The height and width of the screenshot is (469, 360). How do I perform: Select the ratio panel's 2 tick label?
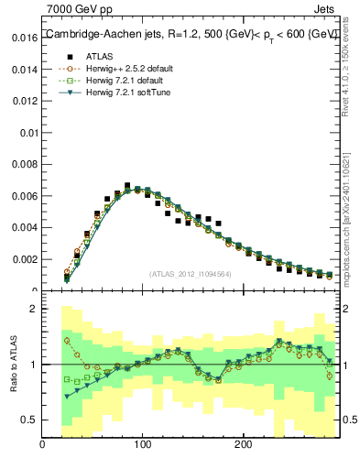point(33,309)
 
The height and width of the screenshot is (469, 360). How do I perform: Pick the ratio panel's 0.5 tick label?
point(29,420)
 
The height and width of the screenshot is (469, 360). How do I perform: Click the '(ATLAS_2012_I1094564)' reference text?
point(190,273)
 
